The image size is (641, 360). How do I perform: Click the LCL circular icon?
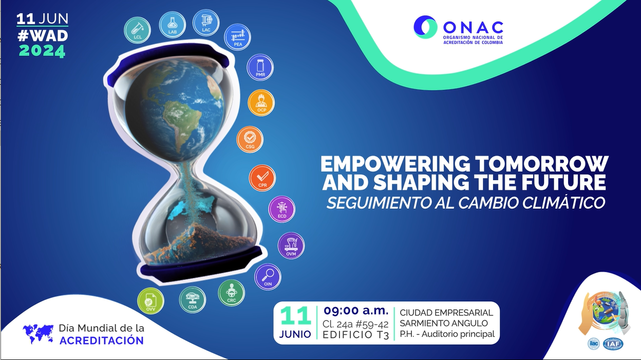tap(137, 30)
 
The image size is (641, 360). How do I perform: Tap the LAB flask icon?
tap(173, 24)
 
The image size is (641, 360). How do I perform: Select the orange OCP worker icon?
tap(261, 103)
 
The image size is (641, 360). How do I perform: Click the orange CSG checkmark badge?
tap(250, 139)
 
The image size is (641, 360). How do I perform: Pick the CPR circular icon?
tap(262, 178)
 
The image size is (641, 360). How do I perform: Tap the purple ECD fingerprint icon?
tap(282, 209)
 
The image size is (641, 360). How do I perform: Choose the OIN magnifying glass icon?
tap(268, 277)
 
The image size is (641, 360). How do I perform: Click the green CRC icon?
tap(231, 293)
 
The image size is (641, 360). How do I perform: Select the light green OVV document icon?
tap(150, 301)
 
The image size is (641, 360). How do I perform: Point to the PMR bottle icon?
tap(260, 67)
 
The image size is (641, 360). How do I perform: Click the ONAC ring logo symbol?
tap(425, 27)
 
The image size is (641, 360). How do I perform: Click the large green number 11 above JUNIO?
tap(295, 316)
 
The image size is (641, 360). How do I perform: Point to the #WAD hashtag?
tap(42, 35)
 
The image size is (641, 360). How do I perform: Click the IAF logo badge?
tap(614, 344)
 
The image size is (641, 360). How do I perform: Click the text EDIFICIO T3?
tap(355, 335)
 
